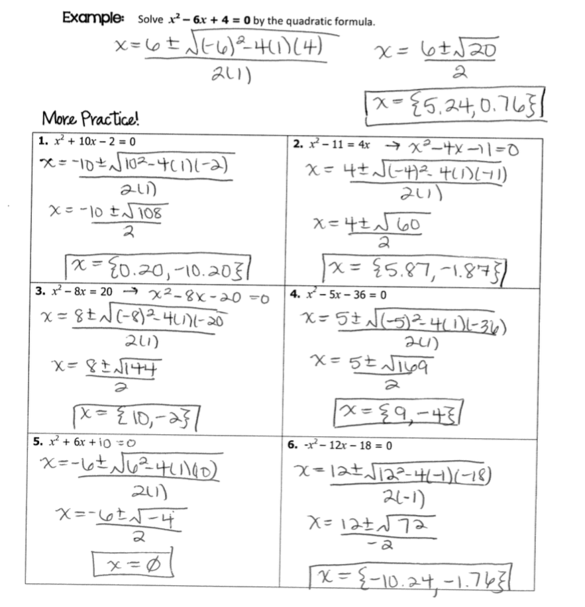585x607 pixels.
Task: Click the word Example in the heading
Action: pos(92,18)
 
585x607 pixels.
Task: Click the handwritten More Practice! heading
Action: pos(91,120)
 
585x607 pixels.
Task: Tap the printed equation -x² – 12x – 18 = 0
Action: pos(345,445)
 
